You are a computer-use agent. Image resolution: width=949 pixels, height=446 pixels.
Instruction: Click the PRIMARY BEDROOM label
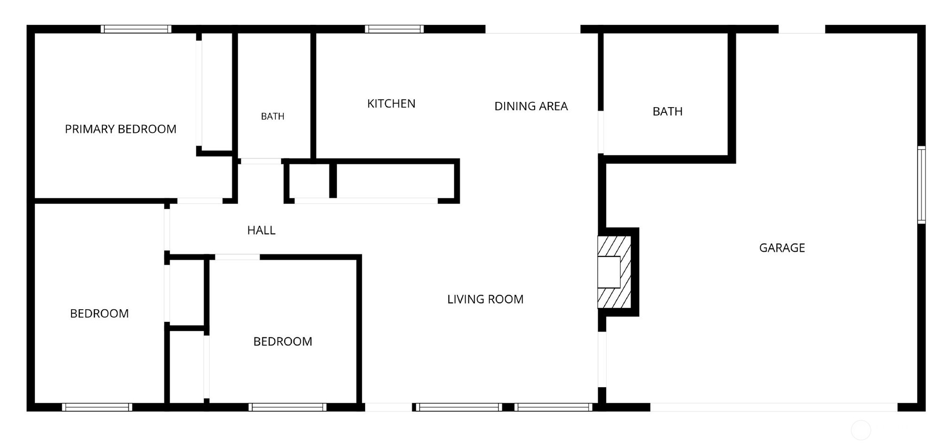120,129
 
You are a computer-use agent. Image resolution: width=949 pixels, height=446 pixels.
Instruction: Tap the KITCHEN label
391,103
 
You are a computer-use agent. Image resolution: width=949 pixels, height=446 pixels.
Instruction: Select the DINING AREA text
531,106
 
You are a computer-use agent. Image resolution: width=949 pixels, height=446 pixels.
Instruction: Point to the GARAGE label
782,248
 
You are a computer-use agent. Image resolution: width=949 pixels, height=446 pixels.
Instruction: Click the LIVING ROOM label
485,299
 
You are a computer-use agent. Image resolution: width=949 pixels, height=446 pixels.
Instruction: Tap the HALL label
261,230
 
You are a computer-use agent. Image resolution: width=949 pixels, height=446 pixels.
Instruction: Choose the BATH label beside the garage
668,111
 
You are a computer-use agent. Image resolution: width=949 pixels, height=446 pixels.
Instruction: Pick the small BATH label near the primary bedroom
272,116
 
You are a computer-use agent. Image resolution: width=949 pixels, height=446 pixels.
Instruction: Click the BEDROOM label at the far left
99,313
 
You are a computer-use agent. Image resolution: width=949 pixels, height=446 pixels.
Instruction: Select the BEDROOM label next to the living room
283,341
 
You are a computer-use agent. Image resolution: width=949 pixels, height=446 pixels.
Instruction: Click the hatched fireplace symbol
614,272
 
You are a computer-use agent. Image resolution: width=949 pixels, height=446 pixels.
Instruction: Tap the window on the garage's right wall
921,185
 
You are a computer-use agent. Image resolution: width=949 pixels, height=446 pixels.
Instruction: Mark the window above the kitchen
394,29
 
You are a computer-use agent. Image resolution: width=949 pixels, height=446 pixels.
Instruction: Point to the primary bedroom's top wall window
136,29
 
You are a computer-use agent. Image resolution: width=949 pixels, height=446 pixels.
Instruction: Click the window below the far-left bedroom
97,407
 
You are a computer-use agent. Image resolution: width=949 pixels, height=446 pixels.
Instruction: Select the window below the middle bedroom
288,407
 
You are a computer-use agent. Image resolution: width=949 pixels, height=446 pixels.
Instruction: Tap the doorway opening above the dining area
533,29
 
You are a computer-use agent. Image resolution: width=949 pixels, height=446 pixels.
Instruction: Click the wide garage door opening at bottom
774,407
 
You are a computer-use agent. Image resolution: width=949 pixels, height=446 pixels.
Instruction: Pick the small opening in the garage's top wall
802,29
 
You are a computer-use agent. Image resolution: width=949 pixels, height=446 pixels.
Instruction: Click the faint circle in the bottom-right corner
861,430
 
